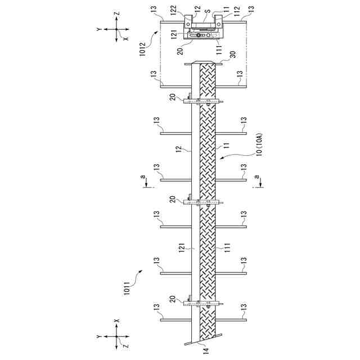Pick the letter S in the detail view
pyautogui.click(x=208, y=10)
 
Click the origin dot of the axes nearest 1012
pyautogui.click(x=117, y=29)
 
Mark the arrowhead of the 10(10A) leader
pyautogui.click(x=223, y=159)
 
